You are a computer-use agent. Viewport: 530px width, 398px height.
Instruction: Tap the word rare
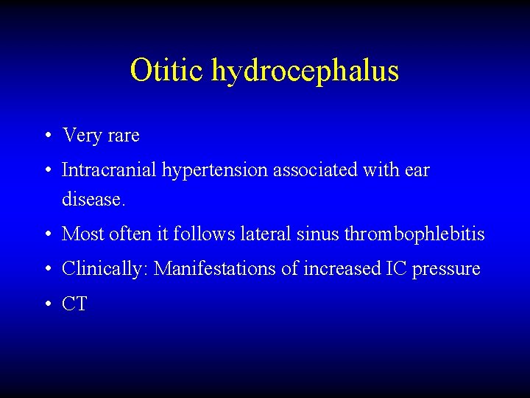[x=122, y=136]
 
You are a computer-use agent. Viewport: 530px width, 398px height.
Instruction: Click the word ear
[x=417, y=171]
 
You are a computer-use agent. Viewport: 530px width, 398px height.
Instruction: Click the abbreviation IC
[x=395, y=269]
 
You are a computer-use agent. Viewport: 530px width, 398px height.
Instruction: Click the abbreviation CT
[x=74, y=304]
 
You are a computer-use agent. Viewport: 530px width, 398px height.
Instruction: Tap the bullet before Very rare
[x=46, y=136]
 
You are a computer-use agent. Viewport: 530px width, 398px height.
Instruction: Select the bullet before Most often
[x=46, y=235]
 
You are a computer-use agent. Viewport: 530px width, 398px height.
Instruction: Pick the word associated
[x=317, y=170]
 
